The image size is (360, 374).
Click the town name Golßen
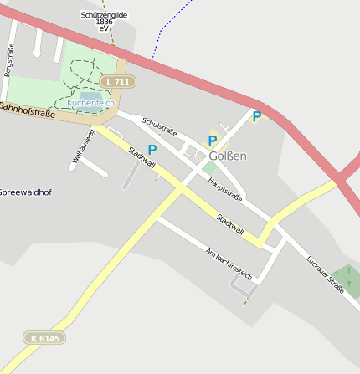[228, 156]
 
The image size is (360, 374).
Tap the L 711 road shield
[116, 82]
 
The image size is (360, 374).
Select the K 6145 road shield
[44, 338]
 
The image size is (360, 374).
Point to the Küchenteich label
[91, 102]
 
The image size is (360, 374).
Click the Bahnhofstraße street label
[27, 110]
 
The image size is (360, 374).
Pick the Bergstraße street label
[8, 60]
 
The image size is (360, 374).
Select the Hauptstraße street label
[225, 191]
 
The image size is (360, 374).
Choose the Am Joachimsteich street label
[229, 263]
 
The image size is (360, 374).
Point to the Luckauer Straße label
[326, 275]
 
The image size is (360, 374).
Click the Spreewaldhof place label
[25, 192]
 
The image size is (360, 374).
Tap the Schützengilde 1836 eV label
[103, 21]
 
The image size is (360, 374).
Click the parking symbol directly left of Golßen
[213, 141]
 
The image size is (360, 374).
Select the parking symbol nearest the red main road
[257, 117]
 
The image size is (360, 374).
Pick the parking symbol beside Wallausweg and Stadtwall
[152, 150]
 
